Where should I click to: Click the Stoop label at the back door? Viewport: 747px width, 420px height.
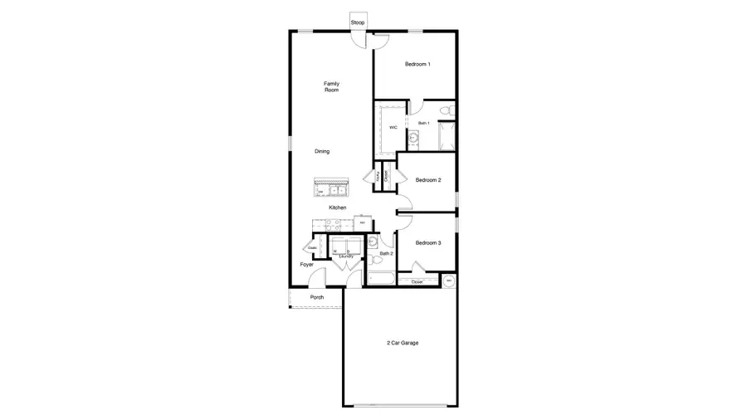tap(358, 22)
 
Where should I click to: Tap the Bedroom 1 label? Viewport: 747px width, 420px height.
tap(417, 65)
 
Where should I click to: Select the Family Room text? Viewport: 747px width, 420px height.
tap(332, 86)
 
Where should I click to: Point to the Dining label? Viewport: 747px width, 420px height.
tap(322, 151)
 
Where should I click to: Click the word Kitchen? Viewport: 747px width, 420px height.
tap(337, 208)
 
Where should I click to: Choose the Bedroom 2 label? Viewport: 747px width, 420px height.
tap(428, 180)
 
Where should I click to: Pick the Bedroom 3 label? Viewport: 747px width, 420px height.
tap(428, 242)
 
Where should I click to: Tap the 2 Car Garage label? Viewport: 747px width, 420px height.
tap(402, 342)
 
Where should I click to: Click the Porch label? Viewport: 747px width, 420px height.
tap(316, 297)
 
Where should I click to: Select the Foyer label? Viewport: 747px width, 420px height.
tap(307, 265)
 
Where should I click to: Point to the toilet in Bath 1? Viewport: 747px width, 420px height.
tap(447, 110)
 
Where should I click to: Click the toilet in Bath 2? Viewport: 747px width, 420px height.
tap(373, 242)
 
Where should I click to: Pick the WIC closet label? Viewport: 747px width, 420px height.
tap(393, 127)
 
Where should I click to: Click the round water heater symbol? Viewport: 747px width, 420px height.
tap(449, 281)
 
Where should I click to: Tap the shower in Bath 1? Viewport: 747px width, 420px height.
tap(446, 136)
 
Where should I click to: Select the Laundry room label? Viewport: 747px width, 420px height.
tap(347, 256)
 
